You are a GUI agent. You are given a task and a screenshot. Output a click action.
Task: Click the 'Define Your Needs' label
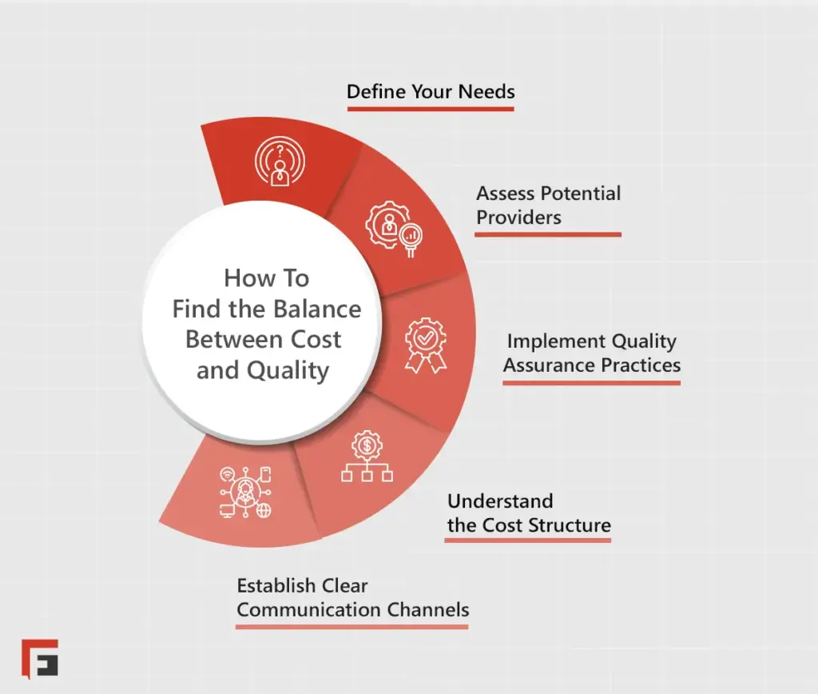click(431, 91)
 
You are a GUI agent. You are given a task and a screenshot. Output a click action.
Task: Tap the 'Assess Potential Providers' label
click(548, 205)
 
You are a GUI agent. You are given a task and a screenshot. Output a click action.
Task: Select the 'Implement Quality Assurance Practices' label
click(592, 353)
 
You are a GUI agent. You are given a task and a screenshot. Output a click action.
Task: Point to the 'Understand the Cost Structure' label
click(528, 513)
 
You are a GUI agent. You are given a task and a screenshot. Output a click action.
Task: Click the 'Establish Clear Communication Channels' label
click(352, 597)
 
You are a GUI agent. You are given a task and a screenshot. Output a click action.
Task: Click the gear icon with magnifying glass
click(393, 227)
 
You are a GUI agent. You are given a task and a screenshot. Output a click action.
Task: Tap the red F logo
click(40, 658)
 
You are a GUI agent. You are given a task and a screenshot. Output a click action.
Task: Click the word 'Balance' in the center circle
click(316, 309)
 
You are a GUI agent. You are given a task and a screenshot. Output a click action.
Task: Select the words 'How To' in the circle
click(266, 278)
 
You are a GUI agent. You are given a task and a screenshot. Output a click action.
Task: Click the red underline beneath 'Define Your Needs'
click(431, 108)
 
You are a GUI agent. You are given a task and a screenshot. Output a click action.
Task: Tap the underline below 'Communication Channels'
click(352, 626)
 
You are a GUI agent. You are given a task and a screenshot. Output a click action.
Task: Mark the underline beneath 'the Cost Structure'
click(528, 540)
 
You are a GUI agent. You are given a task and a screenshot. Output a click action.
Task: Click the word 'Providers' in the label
click(519, 217)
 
